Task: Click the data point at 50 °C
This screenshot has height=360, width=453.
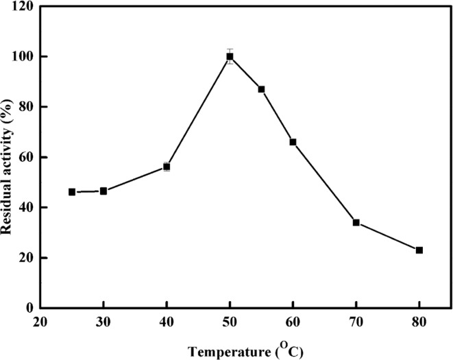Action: point(230,56)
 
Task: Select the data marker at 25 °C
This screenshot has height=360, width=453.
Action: point(72,192)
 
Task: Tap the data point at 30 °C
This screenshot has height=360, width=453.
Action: point(103,191)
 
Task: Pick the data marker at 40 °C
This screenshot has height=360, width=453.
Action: point(167,167)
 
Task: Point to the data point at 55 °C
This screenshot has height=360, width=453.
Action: point(261,89)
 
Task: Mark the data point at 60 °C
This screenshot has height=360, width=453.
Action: point(293,142)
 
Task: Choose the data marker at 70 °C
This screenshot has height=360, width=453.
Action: point(356,222)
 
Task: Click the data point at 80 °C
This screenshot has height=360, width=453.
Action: point(419,250)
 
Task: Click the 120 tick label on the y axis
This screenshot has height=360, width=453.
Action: point(26,6)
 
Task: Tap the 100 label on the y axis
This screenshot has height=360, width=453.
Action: point(26,56)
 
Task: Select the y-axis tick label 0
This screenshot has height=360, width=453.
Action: point(32,308)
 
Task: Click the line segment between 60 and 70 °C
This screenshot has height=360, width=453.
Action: point(324,182)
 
